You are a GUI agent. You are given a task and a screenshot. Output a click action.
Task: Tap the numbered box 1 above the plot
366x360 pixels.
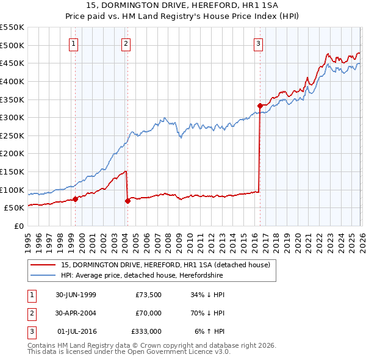[73, 43]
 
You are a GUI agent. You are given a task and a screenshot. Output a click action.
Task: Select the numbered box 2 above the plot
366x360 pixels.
[125, 43]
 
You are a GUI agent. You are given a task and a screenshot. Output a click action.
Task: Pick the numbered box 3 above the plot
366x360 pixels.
[258, 43]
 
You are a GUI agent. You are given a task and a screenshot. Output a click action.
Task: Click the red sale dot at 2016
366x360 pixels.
[260, 106]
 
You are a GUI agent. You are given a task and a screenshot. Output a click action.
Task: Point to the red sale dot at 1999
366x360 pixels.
[76, 199]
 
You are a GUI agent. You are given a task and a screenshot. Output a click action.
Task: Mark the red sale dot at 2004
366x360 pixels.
[127, 200]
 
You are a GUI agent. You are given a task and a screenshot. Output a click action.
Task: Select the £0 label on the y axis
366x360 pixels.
[18, 226]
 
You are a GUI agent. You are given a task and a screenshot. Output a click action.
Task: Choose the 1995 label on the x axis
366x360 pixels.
[28, 240]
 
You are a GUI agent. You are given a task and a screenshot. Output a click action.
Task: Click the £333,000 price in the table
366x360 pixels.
[146, 331]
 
